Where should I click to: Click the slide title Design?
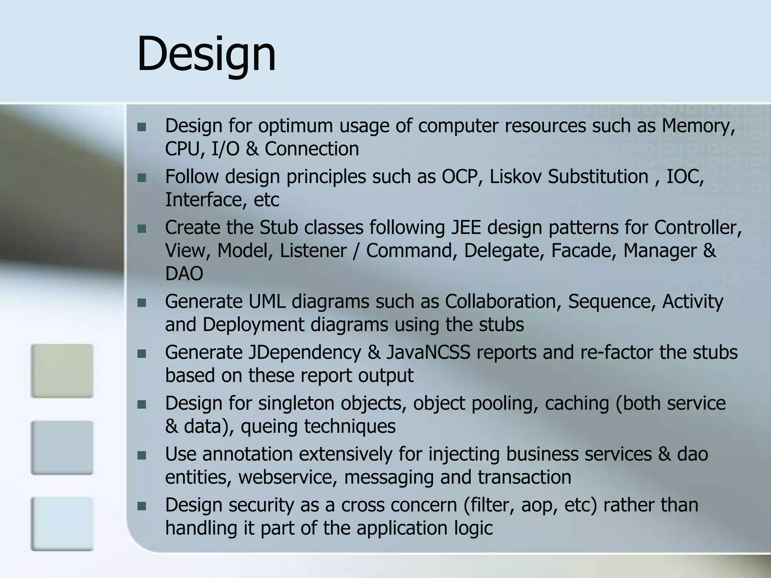[x=206, y=54]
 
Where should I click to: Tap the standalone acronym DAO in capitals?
[x=184, y=274]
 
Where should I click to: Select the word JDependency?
[x=304, y=353]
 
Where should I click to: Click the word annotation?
[x=247, y=454]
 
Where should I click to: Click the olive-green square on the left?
[x=62, y=371]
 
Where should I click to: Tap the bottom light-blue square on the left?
[x=62, y=524]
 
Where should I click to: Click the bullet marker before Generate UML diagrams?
[x=142, y=303]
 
